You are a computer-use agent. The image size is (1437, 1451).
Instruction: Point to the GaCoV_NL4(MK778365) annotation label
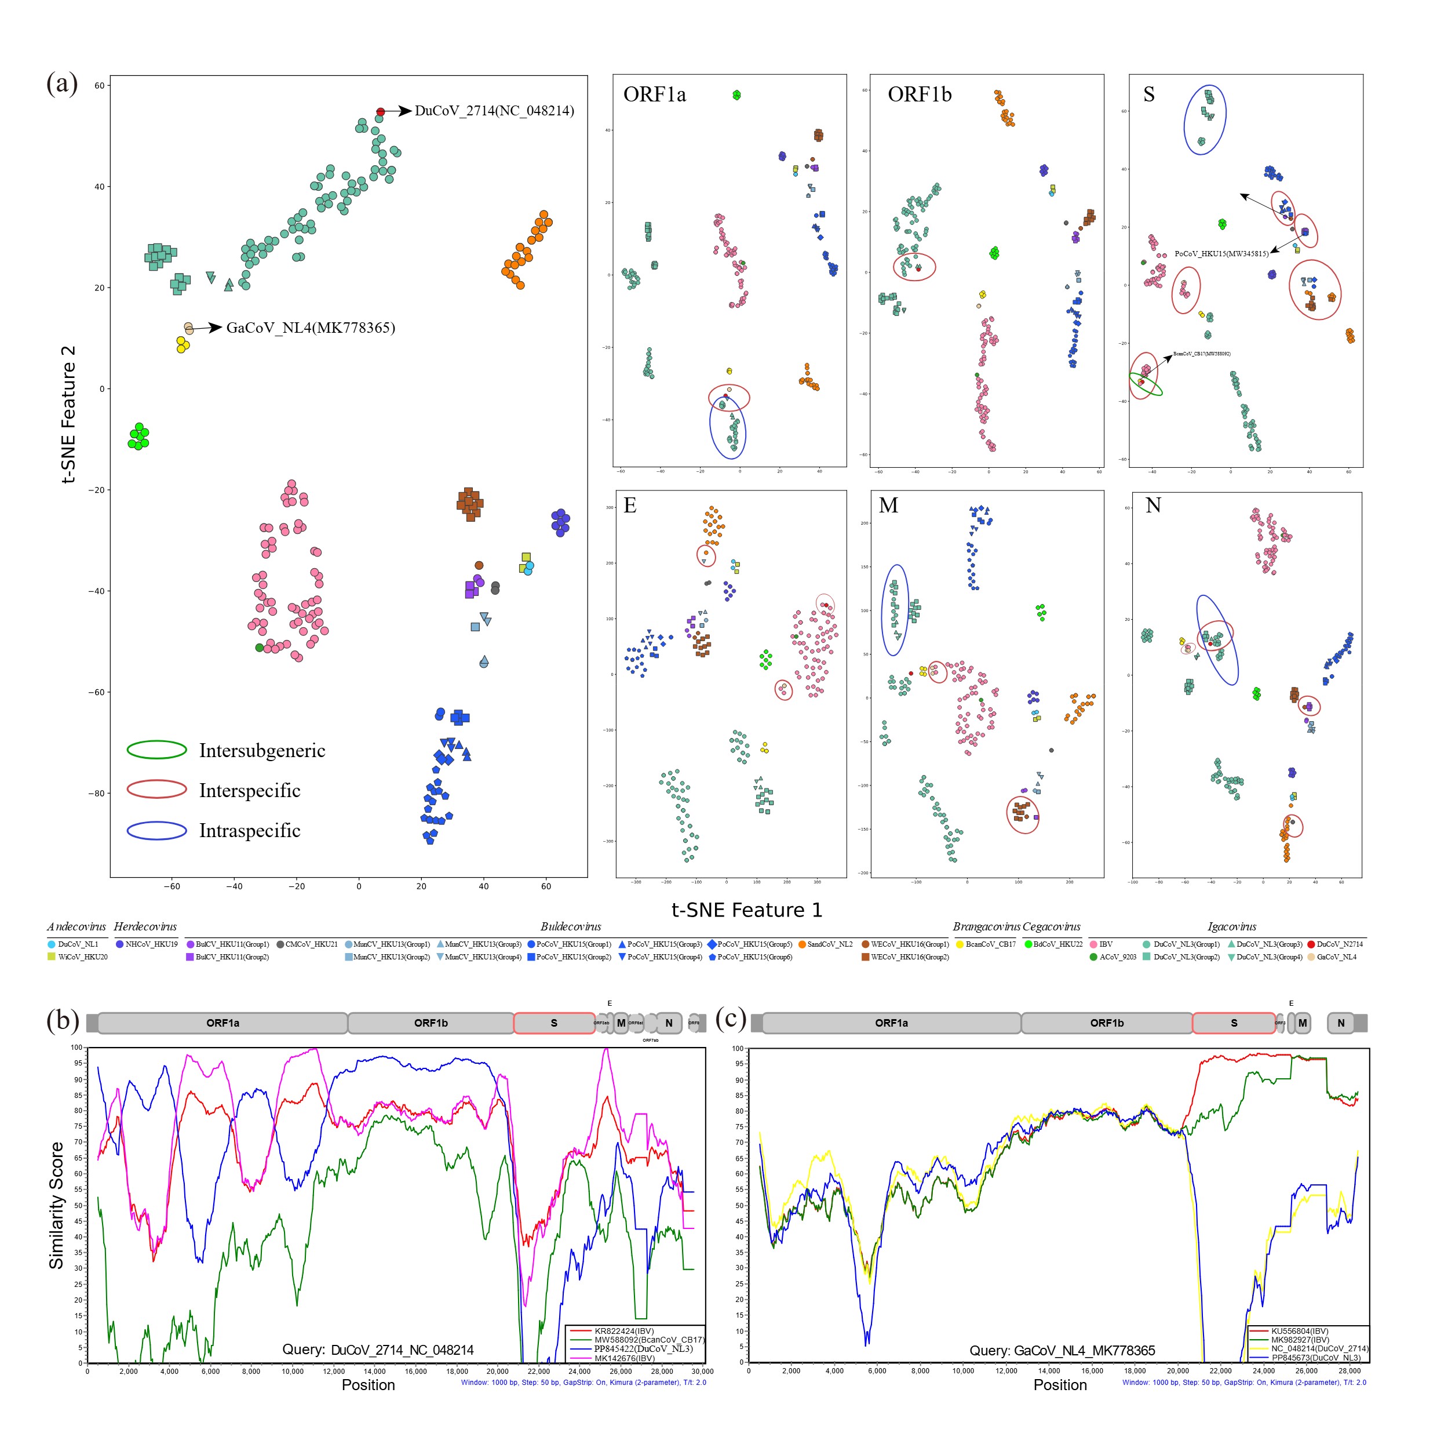point(310,328)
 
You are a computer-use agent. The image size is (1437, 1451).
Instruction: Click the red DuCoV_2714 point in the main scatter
point(381,112)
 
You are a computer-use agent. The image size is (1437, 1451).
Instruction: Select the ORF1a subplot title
point(654,94)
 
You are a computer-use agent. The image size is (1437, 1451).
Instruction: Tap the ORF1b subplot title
point(919,94)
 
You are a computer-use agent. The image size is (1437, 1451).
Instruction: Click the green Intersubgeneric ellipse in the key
point(156,750)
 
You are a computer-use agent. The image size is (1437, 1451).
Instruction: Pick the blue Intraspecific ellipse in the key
point(156,830)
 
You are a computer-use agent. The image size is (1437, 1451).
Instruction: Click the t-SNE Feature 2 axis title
point(68,414)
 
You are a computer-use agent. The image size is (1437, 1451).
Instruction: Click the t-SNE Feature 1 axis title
point(746,910)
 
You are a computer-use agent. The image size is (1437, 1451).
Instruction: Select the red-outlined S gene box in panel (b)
point(554,1023)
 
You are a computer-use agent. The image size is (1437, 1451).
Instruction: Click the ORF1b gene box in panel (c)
point(1106,1023)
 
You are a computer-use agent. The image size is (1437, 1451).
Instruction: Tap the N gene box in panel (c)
point(1340,1023)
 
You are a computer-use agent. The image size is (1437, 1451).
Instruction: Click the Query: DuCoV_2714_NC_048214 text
point(378,1350)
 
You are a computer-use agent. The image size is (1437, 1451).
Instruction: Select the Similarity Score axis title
point(56,1205)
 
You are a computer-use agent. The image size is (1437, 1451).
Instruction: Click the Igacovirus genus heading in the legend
point(1231,927)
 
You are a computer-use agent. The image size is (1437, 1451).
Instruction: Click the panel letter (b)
point(63,1019)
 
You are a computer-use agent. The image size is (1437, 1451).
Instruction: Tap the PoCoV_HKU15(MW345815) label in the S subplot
point(1221,254)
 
